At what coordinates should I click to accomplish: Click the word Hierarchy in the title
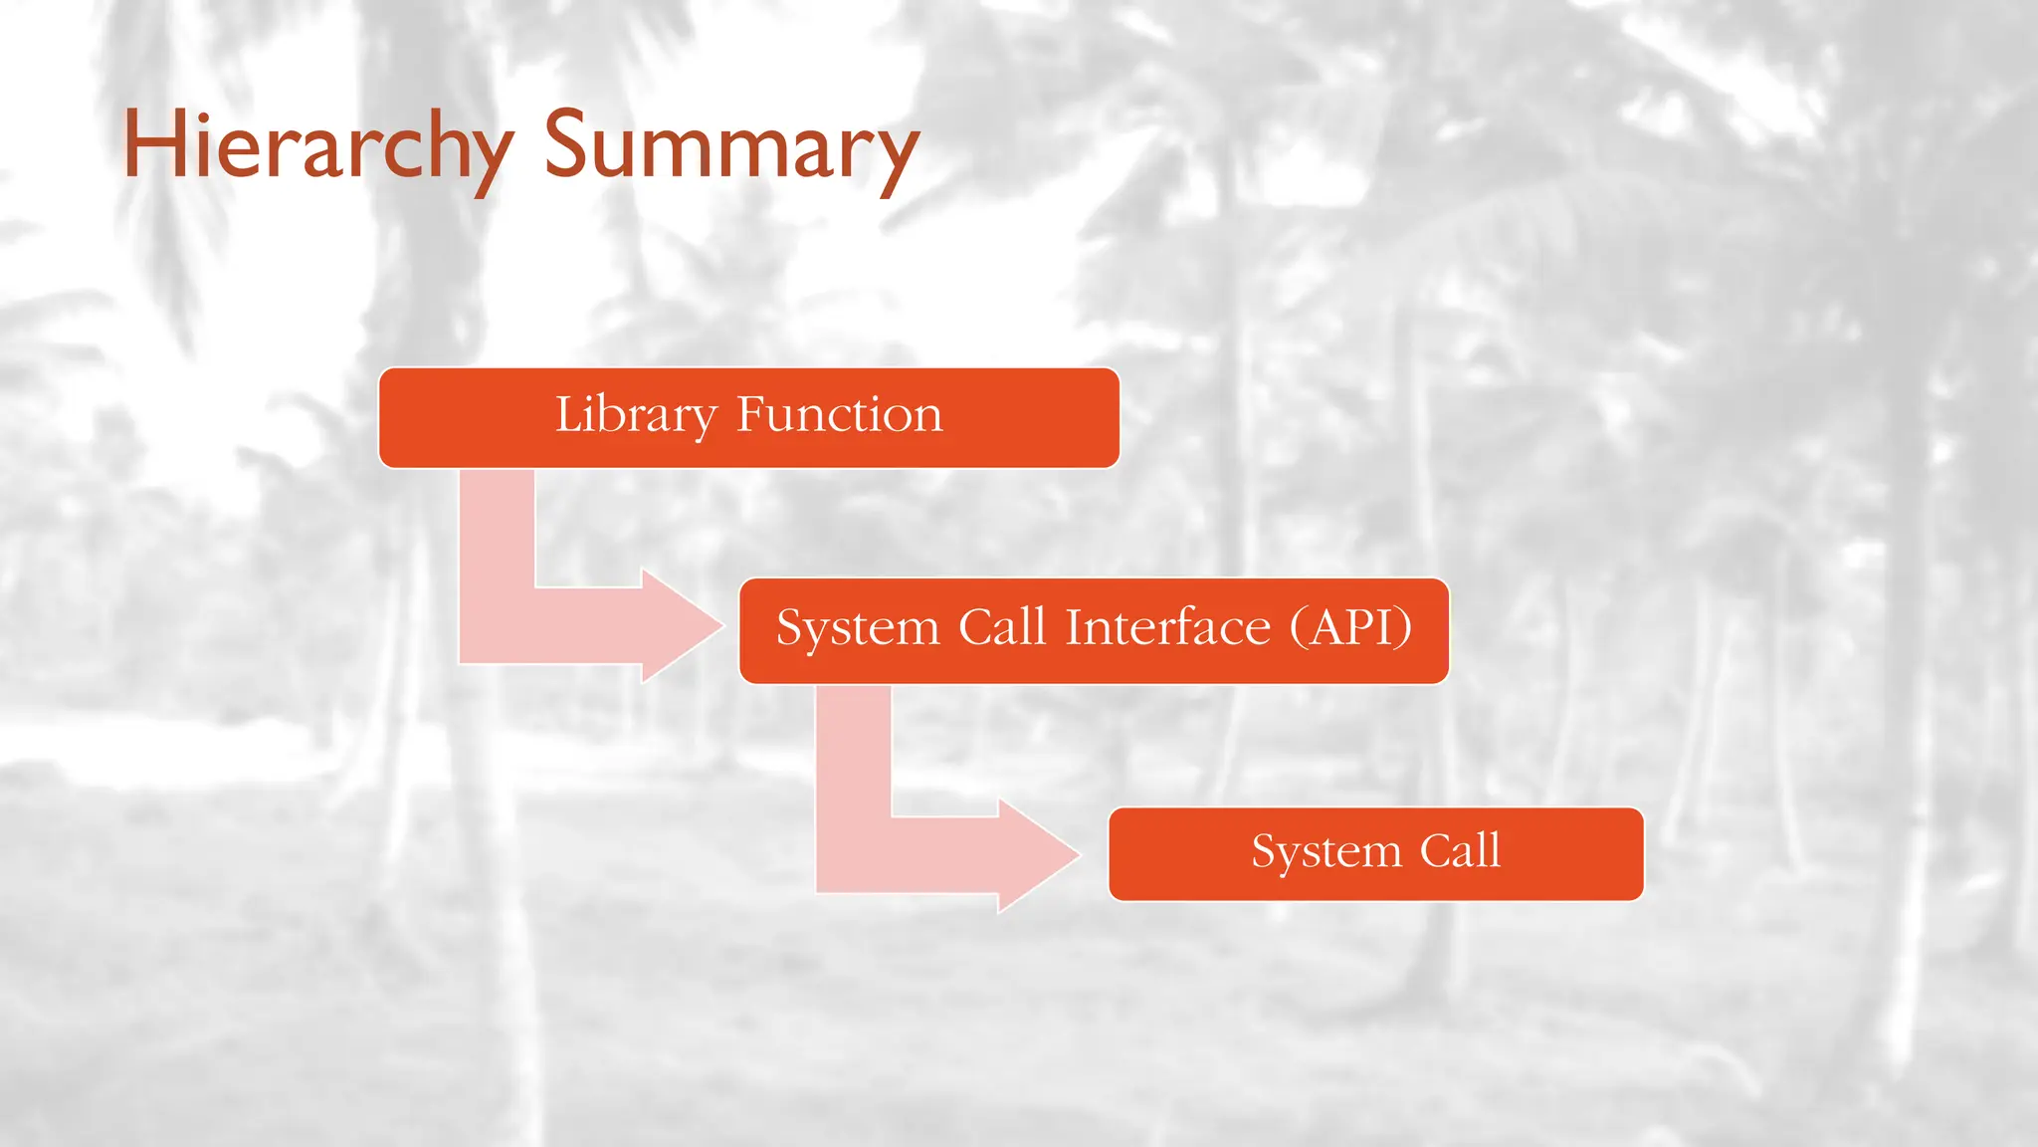pyautogui.click(x=316, y=147)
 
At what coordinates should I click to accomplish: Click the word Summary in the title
pyautogui.click(x=729, y=147)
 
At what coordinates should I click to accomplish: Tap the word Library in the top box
pyautogui.click(x=635, y=414)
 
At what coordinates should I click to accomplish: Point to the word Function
pyautogui.click(x=839, y=414)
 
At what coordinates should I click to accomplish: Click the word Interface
pyautogui.click(x=1167, y=627)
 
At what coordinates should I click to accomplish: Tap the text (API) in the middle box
pyautogui.click(x=1350, y=627)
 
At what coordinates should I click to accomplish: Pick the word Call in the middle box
pyautogui.click(x=1001, y=627)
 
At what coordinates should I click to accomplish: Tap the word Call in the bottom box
pyautogui.click(x=1459, y=850)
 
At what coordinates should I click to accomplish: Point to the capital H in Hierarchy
pyautogui.click(x=154, y=145)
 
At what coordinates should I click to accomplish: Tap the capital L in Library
pyautogui.click(x=568, y=414)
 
